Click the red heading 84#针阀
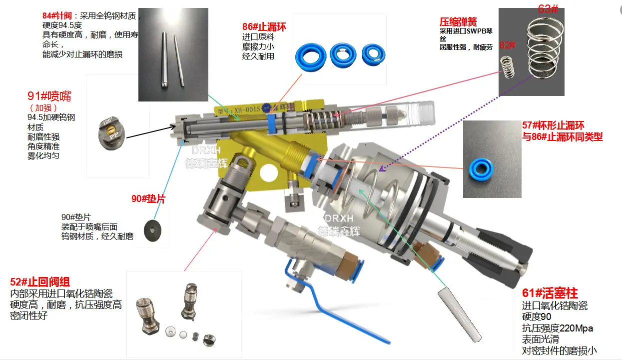click(57, 15)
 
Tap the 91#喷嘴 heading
click(49, 96)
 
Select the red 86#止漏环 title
click(264, 26)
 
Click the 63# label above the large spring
click(548, 9)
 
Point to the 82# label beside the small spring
click(507, 45)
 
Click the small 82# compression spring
click(508, 67)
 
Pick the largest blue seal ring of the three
click(311, 57)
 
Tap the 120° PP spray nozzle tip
click(112, 133)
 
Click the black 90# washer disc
click(152, 230)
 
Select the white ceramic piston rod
click(459, 314)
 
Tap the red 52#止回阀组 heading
click(39, 282)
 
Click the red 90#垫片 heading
click(148, 199)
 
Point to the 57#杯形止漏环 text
click(553, 125)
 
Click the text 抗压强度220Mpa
click(557, 328)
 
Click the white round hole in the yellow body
click(269, 173)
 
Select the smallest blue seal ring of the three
click(374, 55)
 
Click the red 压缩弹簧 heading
click(458, 21)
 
